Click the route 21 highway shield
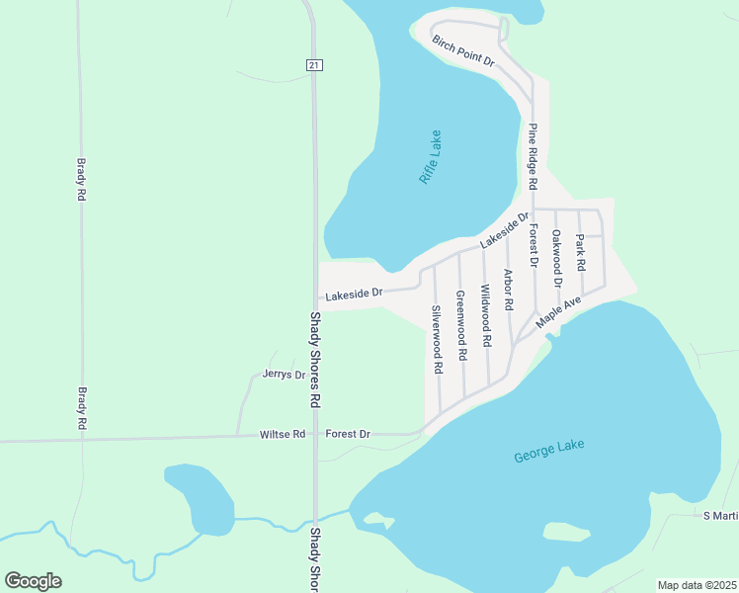tap(313, 65)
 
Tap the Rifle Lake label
tap(431, 157)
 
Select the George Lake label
tap(549, 451)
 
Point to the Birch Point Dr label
tap(462, 50)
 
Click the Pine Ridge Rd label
tap(532, 156)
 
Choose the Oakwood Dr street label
tap(557, 258)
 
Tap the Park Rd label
tap(581, 252)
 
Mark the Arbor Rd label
tap(508, 291)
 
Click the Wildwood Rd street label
tap(485, 315)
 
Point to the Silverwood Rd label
tap(437, 338)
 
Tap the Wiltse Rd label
tap(283, 434)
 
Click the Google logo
tap(33, 581)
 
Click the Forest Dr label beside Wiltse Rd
tap(348, 434)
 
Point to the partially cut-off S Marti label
tap(720, 515)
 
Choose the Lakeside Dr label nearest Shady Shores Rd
tap(354, 294)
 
